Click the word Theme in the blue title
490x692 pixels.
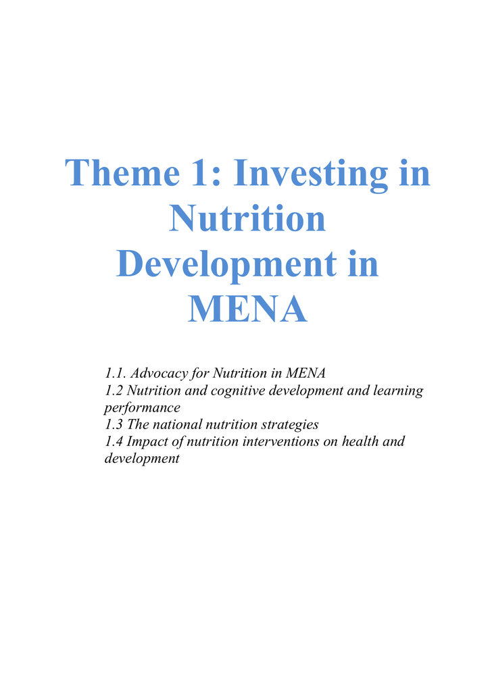point(122,172)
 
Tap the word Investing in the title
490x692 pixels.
point(311,174)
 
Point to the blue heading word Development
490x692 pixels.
point(226,266)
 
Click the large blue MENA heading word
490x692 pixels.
point(247,309)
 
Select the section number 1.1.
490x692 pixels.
point(116,373)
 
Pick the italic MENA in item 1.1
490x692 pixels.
point(305,373)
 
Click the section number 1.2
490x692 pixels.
point(114,391)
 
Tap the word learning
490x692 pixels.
point(398,391)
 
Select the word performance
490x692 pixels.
point(142,408)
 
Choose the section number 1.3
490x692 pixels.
point(114,424)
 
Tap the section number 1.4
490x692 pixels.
point(114,441)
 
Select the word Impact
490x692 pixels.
point(147,442)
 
